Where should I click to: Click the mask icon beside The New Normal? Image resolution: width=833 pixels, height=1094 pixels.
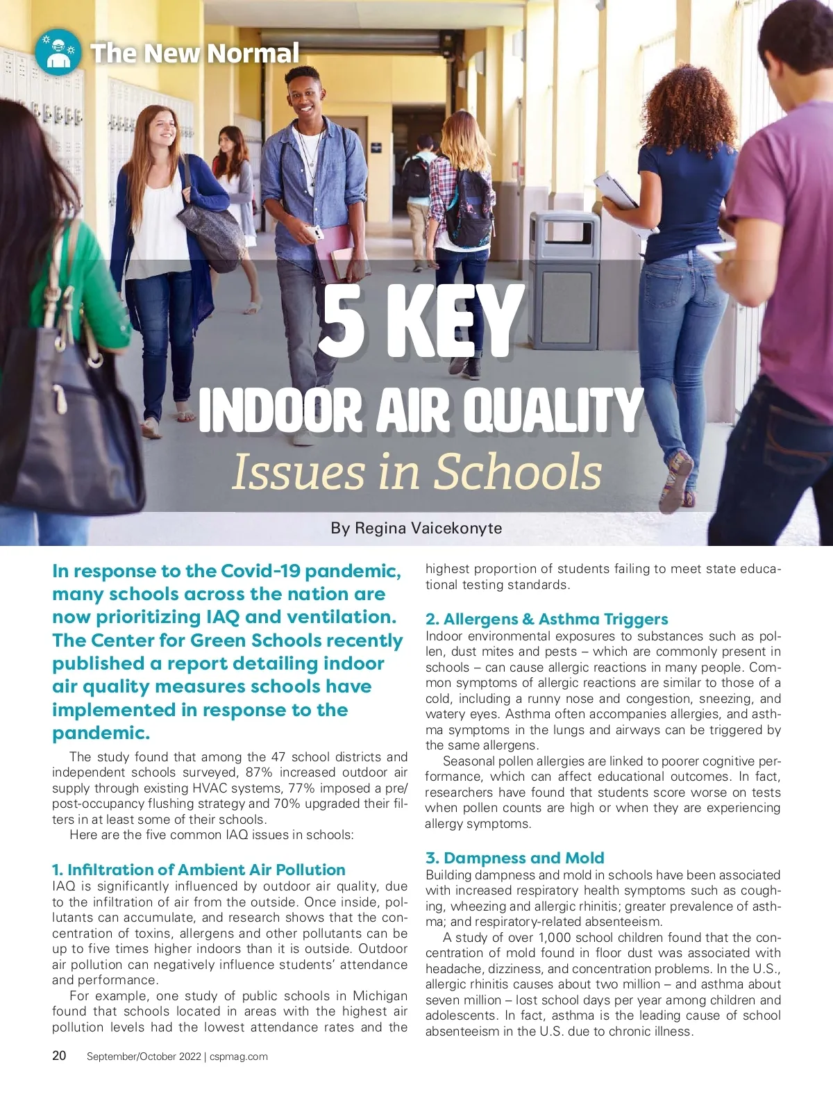click(x=58, y=52)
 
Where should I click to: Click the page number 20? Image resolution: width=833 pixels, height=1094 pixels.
click(x=60, y=1056)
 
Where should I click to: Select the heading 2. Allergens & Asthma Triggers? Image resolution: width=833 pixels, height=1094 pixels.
click(x=546, y=619)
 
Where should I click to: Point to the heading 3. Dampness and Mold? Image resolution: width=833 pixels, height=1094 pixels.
click(x=514, y=858)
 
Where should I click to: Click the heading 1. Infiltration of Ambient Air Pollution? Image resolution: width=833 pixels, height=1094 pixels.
click(x=199, y=870)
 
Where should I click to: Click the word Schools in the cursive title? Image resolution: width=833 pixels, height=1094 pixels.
click(x=518, y=472)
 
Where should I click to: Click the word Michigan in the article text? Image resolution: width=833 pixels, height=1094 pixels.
click(x=380, y=995)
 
